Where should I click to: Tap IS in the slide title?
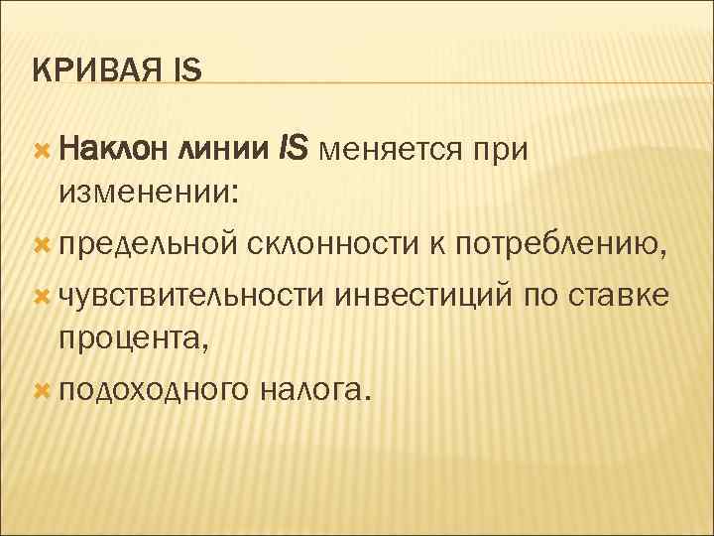(186, 70)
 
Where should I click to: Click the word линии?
(226, 149)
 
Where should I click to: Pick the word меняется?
(388, 149)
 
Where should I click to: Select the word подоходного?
(152, 389)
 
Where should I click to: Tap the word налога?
(315, 389)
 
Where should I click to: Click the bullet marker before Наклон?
(41, 149)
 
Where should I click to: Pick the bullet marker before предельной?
(41, 242)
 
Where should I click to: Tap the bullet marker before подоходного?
(41, 389)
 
